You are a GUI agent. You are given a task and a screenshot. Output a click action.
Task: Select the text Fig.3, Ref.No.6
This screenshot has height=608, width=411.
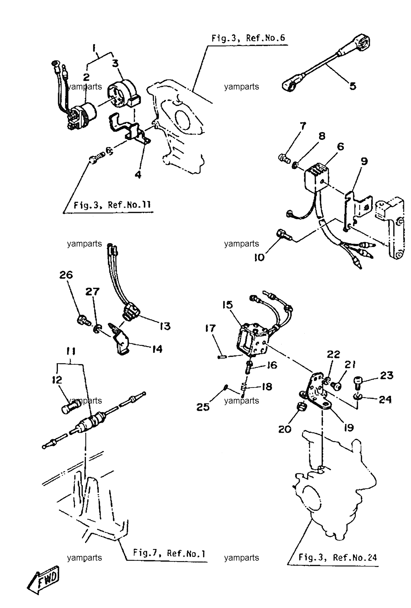[x=248, y=38]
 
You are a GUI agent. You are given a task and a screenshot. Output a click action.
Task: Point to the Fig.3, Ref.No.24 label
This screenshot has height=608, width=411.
[x=337, y=558]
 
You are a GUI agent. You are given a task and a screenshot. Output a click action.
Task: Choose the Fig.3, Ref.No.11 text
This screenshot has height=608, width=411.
[x=112, y=205]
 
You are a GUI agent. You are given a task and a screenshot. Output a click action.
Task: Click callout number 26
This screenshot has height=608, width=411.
[x=66, y=275]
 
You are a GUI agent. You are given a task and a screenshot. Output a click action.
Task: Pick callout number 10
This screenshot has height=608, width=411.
[x=260, y=258]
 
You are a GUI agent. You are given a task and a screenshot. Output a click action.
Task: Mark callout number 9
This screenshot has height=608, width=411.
[x=364, y=161]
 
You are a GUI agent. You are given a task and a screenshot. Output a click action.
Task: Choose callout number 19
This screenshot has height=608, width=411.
[x=349, y=427]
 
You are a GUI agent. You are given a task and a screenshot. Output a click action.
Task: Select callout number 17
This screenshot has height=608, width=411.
[x=210, y=329]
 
